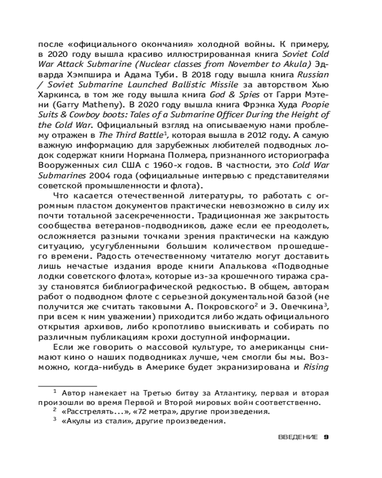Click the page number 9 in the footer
pyautogui.click(x=327, y=437)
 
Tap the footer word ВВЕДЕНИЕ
pyautogui.click(x=297, y=437)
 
